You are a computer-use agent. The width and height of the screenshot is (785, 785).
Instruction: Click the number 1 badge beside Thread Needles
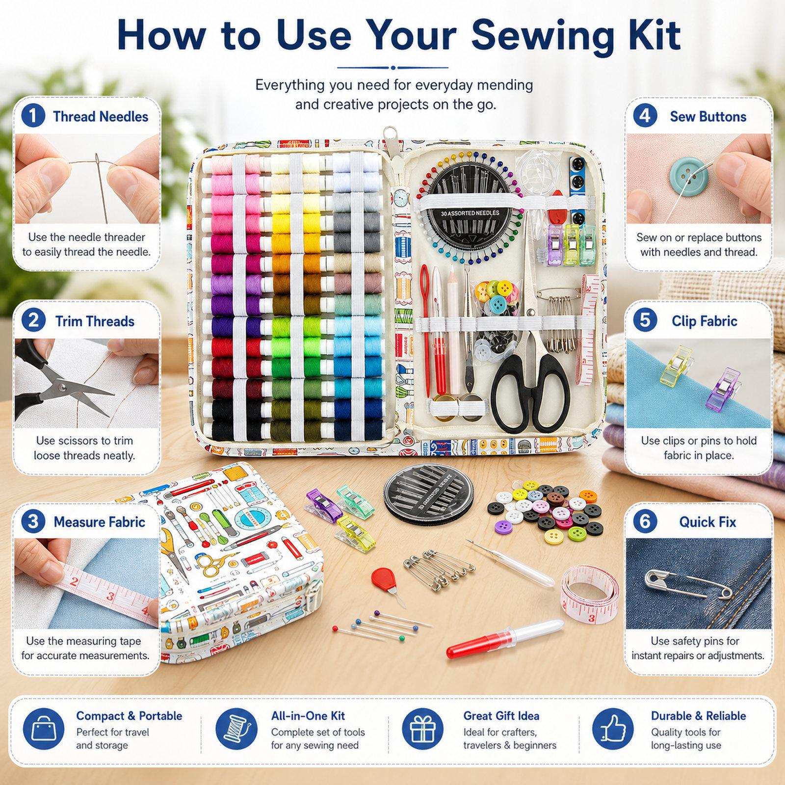pyautogui.click(x=33, y=116)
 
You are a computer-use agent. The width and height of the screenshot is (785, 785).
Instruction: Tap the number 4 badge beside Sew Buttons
pyautogui.click(x=645, y=116)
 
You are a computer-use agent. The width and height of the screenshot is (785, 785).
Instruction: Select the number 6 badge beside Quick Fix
pyautogui.click(x=645, y=521)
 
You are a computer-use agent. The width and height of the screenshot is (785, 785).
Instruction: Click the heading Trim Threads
pyautogui.click(x=95, y=321)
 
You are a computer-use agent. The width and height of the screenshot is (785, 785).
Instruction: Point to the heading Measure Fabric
pyautogui.click(x=100, y=522)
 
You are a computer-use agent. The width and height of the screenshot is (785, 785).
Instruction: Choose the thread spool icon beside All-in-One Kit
pyautogui.click(x=235, y=730)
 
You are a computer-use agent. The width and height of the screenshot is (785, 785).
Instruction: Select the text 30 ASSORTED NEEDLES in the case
pyautogui.click(x=470, y=213)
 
